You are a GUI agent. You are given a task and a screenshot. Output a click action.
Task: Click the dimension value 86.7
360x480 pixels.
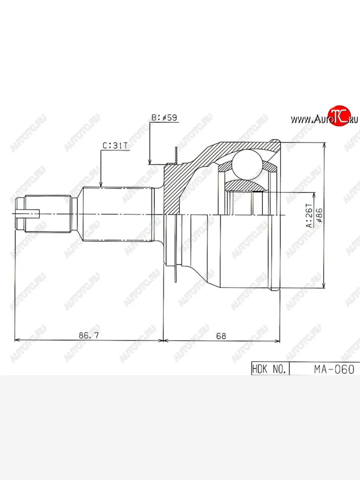(88, 336)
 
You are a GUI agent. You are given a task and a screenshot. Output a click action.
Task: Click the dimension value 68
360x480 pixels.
(221, 336)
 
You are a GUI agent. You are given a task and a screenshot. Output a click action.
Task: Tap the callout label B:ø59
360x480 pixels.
(164, 118)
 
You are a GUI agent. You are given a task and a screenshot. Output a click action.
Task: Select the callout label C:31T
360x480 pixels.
(115, 146)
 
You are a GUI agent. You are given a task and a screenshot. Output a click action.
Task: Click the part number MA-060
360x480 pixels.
(334, 369)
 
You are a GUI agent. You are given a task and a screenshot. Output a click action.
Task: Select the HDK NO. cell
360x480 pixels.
(269, 369)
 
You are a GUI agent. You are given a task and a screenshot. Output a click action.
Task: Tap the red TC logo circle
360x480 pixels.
(339, 116)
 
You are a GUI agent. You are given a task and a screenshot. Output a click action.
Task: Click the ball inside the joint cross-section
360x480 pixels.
(246, 165)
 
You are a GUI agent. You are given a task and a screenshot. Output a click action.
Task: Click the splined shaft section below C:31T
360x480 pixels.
(118, 214)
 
